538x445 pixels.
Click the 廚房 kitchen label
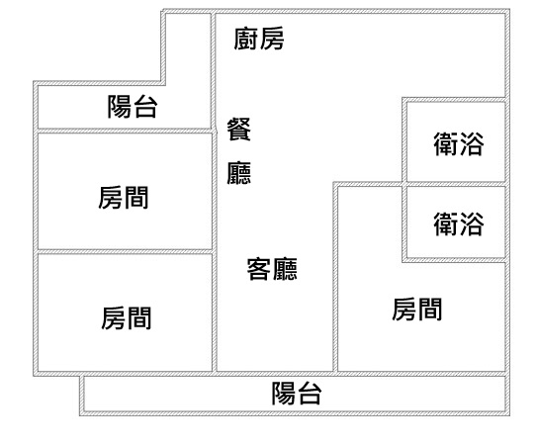tap(259, 39)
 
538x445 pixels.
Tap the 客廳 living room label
tap(272, 269)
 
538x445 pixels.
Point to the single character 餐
tap(238, 129)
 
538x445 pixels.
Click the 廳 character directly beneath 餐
tap(238, 173)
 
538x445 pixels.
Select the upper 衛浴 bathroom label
tap(459, 144)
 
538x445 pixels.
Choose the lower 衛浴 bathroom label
tap(459, 224)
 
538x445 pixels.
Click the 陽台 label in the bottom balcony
tap(297, 394)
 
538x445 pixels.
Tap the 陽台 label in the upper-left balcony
tap(133, 107)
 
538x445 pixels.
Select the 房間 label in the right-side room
tap(417, 310)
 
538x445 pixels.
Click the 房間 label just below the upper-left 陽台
tap(124, 197)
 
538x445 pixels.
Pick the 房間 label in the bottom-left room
tap(127, 318)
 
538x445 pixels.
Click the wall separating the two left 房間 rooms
tap(125, 252)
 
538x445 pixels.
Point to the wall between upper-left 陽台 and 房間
tap(125, 132)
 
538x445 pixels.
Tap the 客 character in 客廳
tap(259, 269)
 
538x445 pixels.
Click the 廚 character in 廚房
tap(246, 39)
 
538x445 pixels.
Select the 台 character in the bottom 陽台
tap(310, 394)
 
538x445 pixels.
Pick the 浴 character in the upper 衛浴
tap(472, 144)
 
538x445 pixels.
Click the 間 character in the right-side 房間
tap(430, 310)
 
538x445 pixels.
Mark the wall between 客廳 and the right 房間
tap(335, 277)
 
